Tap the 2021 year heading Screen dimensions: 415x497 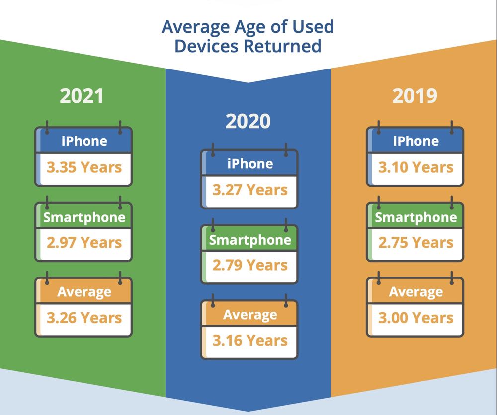[x=82, y=96]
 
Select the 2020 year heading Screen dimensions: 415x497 [x=248, y=121]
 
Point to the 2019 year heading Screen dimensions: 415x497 [x=414, y=96]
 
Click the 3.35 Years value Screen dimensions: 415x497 [x=84, y=167]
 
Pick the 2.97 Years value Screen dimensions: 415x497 [x=84, y=242]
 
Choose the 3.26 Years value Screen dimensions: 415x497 [x=84, y=318]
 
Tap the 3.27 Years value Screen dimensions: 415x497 [x=250, y=190]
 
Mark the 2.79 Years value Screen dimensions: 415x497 [x=250, y=265]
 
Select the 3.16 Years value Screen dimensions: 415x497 [x=250, y=341]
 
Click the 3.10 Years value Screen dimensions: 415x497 [x=416, y=167]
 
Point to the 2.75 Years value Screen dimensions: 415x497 [x=416, y=242]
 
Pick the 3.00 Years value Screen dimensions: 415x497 [x=416, y=318]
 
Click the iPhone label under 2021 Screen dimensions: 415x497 [x=84, y=141]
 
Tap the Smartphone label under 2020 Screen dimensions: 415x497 [x=250, y=240]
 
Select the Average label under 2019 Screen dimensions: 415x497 [x=416, y=292]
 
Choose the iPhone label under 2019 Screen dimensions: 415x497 [x=416, y=141]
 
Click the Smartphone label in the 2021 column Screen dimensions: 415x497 [x=84, y=217]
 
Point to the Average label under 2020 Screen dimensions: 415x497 [x=250, y=315]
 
